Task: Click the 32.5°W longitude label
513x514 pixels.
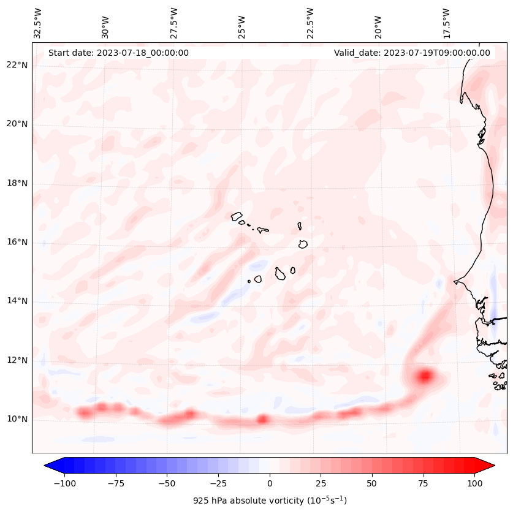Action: tap(38, 23)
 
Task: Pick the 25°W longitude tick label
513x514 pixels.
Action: tap(242, 23)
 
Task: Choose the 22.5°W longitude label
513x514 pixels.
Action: tap(310, 23)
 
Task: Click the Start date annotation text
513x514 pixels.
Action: tap(118, 53)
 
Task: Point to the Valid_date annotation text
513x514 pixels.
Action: tap(412, 53)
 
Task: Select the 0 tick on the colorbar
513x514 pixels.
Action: tap(270, 483)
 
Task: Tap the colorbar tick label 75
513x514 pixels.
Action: tap(423, 483)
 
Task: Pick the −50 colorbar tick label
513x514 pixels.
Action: tap(167, 483)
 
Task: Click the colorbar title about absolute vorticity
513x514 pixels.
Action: tap(270, 501)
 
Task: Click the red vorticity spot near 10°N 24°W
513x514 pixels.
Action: tap(262, 419)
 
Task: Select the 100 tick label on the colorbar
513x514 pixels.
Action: tap(474, 483)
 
